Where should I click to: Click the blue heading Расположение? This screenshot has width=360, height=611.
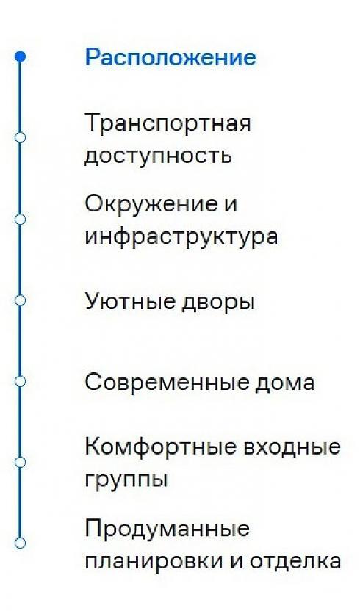[170, 57]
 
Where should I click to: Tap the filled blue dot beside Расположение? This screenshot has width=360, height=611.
[20, 57]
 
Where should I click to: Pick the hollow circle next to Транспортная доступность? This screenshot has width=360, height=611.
[20, 137]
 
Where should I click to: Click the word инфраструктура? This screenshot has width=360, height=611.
[181, 237]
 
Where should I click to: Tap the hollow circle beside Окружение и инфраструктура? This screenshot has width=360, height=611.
[20, 219]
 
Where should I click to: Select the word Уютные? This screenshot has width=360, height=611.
[130, 302]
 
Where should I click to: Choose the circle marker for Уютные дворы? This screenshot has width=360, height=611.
[20, 300]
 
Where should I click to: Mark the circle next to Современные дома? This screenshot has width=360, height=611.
[20, 380]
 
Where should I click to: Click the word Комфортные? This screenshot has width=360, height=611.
[160, 446]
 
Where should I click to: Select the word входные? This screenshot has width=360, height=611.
[292, 448]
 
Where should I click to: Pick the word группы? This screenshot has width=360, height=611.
[126, 480]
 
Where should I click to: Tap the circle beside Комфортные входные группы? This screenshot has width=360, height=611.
[20, 462]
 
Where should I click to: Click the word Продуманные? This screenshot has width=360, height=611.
[168, 529]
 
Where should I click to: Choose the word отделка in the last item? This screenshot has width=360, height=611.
[295, 560]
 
